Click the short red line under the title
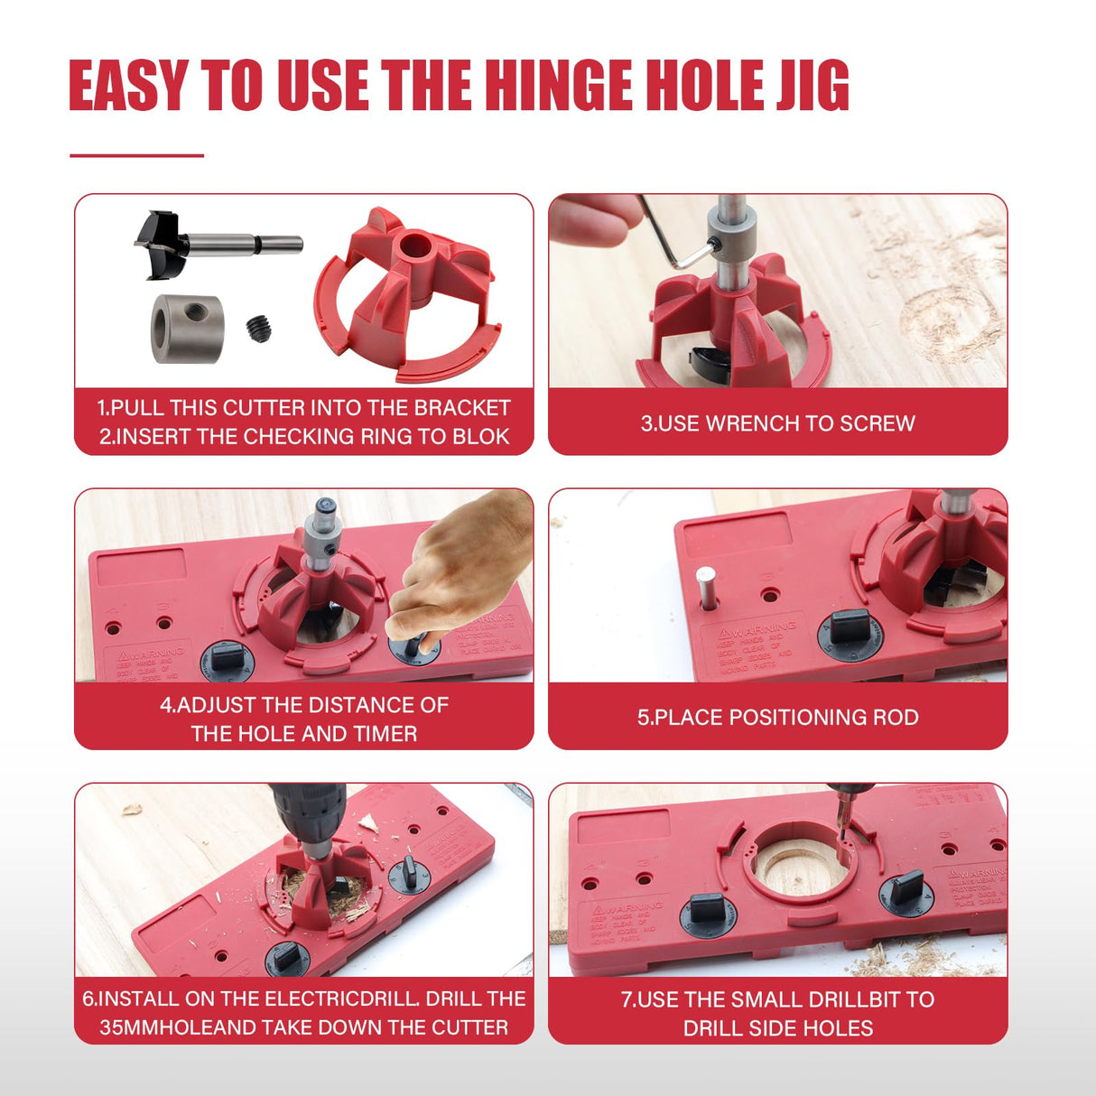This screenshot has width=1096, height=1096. [x=137, y=155]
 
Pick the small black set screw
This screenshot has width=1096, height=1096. [x=258, y=327]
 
